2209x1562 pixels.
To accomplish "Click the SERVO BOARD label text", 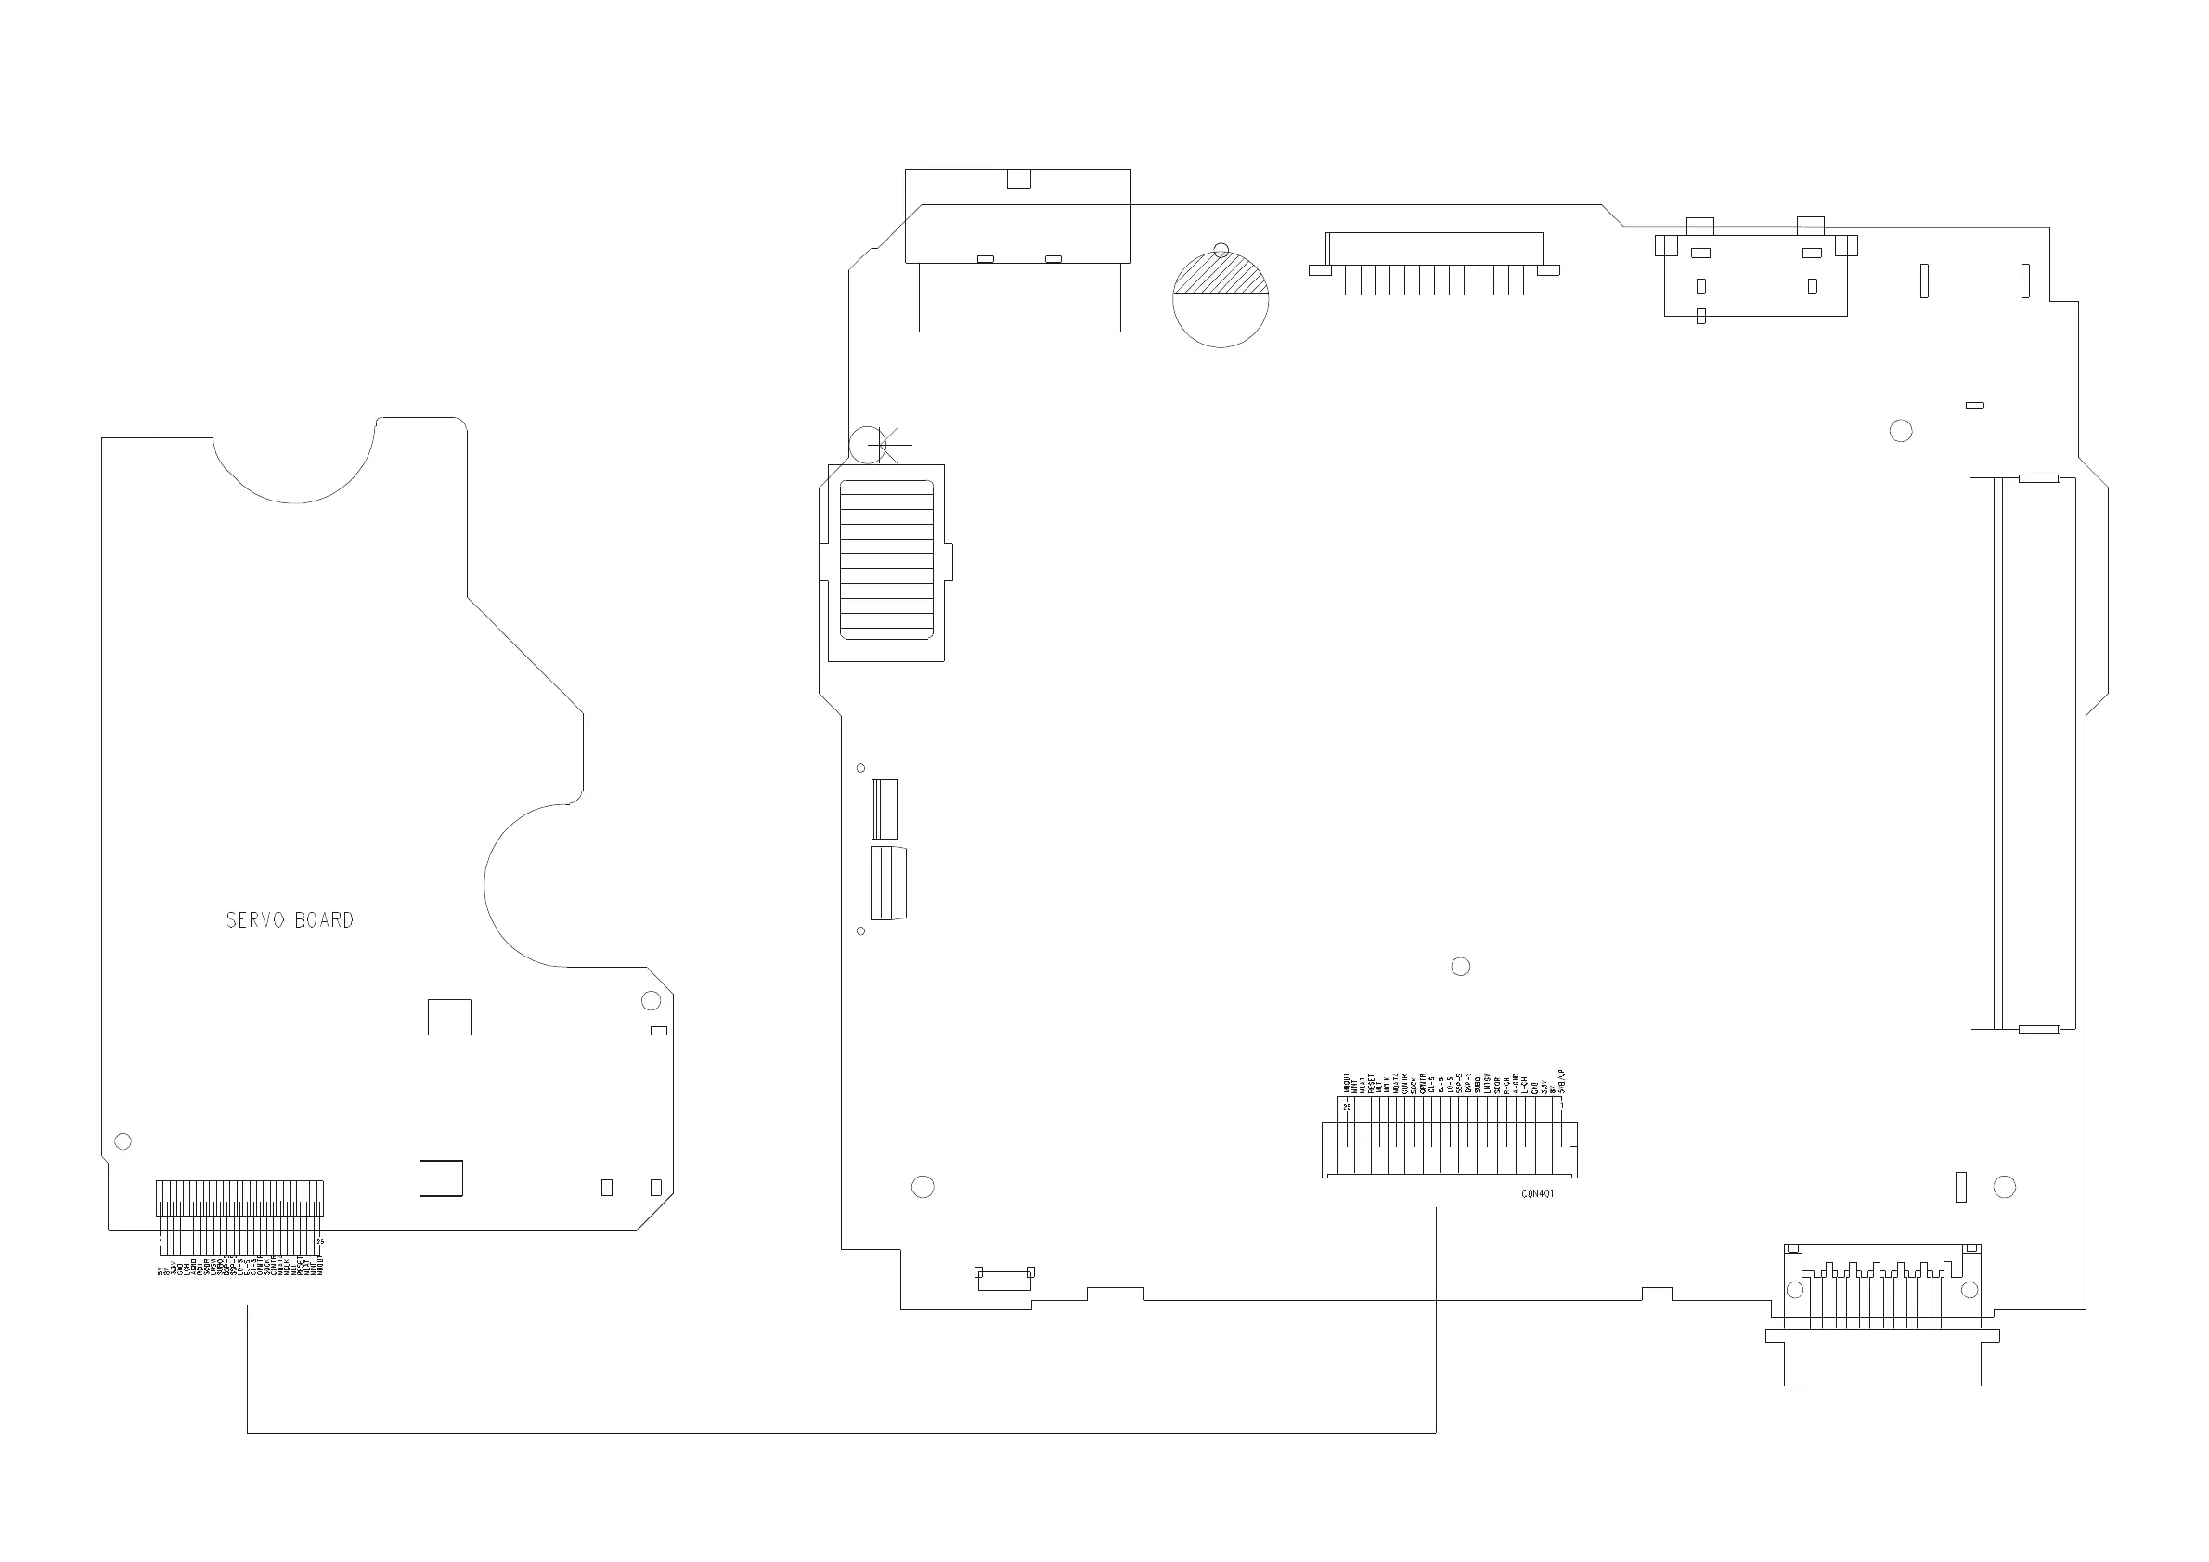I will (x=290, y=920).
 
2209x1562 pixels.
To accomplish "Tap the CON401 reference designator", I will (x=1537, y=1194).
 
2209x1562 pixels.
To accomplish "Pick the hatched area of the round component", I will (x=1220, y=276).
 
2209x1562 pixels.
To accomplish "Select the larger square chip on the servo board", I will (x=449, y=1017).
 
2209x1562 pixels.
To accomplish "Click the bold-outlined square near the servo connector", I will (x=441, y=1178).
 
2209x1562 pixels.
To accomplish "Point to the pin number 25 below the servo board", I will (x=320, y=1242).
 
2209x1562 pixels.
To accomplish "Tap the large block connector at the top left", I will (x=1018, y=250).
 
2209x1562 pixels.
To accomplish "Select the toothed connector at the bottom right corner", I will (x=1882, y=1314).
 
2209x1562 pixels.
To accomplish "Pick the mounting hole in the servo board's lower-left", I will (x=123, y=1141).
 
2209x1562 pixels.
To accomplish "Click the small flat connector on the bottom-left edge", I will (x=1004, y=1278).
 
